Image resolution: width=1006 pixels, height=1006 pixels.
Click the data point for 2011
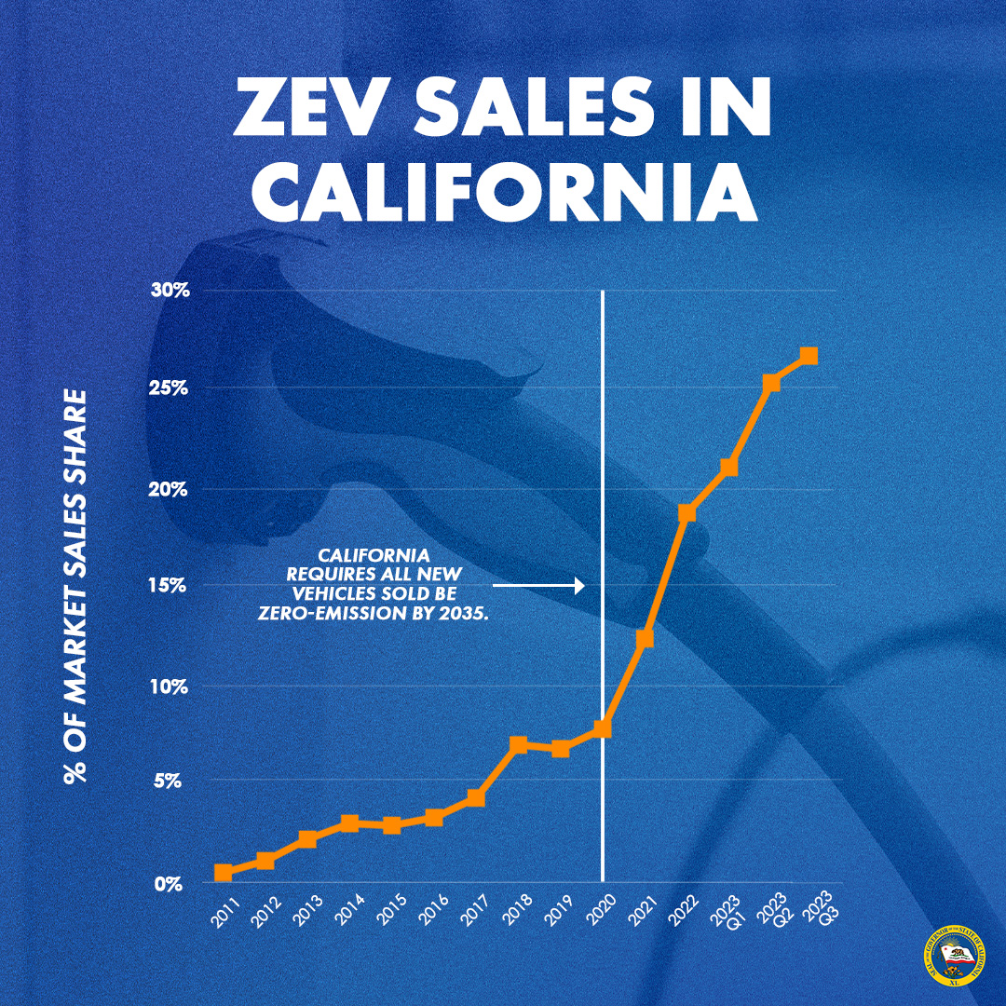click(x=224, y=873)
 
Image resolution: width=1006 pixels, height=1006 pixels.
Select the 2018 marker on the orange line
click(x=519, y=744)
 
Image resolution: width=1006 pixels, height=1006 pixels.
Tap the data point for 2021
click(x=645, y=638)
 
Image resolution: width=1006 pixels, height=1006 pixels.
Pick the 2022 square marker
click(x=687, y=512)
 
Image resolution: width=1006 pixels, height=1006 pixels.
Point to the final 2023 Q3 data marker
click(x=809, y=356)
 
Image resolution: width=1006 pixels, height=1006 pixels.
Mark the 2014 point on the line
click(x=349, y=822)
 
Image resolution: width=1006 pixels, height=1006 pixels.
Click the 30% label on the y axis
click(x=171, y=291)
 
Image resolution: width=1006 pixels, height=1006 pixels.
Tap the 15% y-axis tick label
click(x=171, y=587)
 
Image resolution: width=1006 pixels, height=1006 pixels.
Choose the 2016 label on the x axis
click(x=434, y=909)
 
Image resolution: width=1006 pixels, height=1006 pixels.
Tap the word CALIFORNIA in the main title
click(x=503, y=193)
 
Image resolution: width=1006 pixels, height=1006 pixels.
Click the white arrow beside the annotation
click(x=538, y=586)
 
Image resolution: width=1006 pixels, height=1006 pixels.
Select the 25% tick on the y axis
click(x=171, y=387)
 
